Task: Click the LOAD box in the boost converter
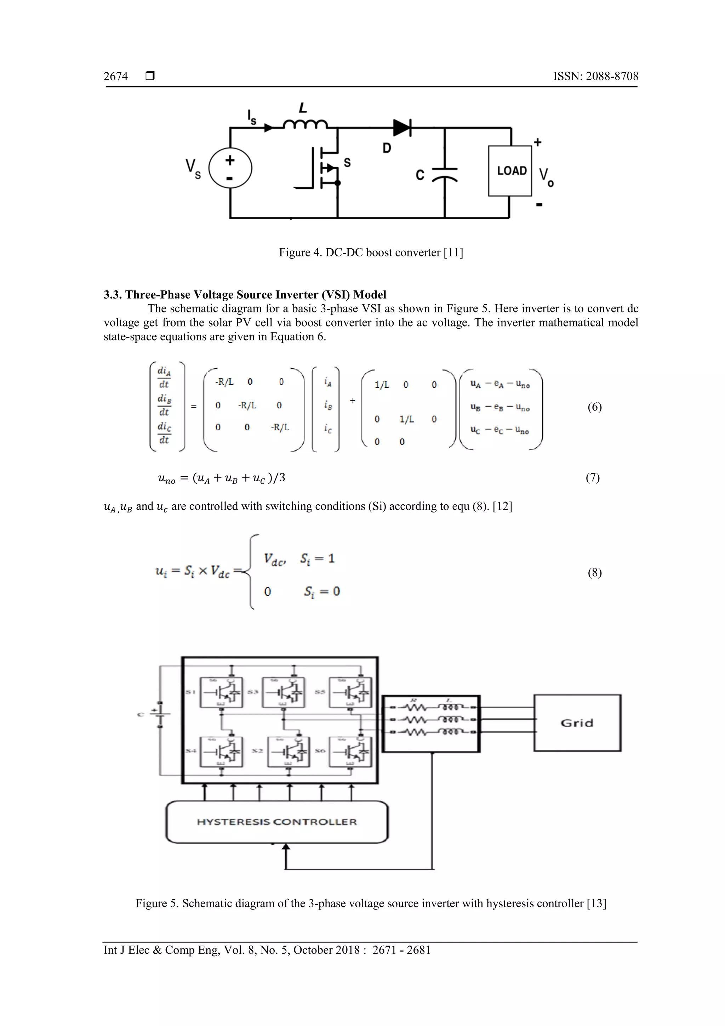point(510,171)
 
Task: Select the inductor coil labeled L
point(306,124)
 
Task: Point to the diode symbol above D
point(402,128)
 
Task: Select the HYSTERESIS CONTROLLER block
point(277,822)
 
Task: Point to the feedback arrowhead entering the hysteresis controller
point(286,847)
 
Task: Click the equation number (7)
point(592,478)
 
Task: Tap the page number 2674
point(116,76)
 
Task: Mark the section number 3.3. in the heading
point(113,295)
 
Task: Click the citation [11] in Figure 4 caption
point(453,253)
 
